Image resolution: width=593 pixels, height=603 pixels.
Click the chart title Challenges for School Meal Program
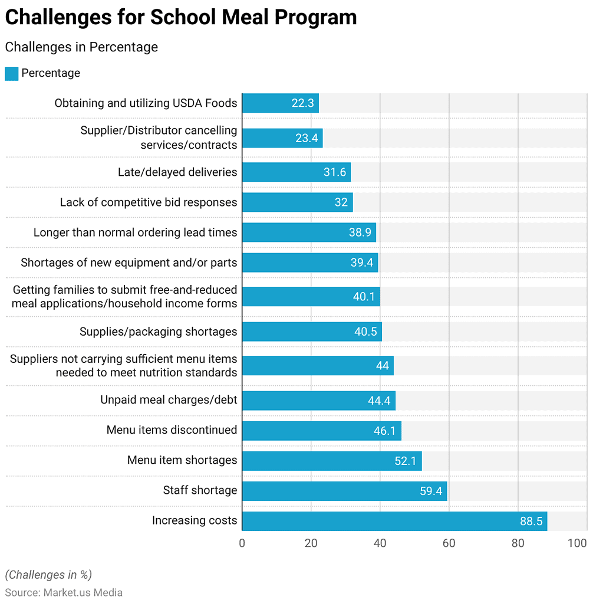180,18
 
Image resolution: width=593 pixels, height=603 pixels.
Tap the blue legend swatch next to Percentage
11,74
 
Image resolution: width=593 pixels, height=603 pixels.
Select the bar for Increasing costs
394,521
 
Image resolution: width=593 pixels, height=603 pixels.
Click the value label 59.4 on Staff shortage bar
431,491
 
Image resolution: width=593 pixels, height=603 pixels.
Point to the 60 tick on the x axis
449,543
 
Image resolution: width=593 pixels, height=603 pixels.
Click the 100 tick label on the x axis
577,543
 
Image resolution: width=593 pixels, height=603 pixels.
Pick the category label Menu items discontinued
172,430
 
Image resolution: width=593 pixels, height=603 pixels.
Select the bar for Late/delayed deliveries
296,172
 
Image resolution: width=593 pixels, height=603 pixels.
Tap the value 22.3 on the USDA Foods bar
302,103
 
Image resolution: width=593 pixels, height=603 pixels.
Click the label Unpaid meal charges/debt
169,400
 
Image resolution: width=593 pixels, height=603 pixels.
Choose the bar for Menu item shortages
331,461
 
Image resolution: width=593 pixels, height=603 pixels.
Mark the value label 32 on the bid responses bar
341,202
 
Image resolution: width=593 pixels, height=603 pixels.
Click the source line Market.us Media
64,592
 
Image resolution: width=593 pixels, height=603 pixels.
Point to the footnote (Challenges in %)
48,575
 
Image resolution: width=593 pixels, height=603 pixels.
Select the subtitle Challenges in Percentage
81,47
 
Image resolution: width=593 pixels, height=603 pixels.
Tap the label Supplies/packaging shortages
158,332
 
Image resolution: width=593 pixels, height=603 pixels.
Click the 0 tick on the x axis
242,543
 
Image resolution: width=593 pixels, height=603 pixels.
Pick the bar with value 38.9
308,232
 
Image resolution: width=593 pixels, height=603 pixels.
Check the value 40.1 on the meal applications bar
364,297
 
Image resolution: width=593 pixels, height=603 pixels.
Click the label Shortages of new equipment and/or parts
129,263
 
